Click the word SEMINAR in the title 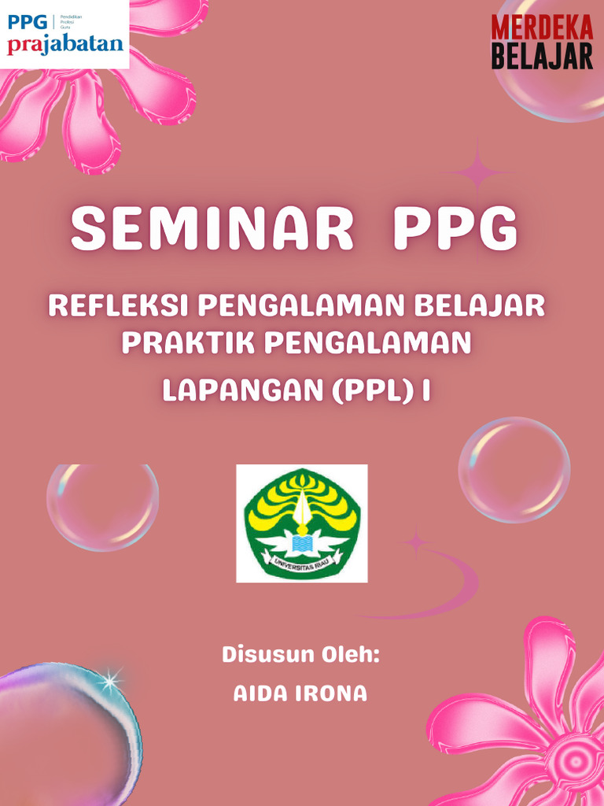(x=212, y=228)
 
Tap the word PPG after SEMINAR (x=456, y=228)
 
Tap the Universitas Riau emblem (x=302, y=523)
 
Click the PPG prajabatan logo (x=64, y=34)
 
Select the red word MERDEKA (x=542, y=28)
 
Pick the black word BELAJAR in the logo (x=542, y=56)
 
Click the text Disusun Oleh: (x=300, y=654)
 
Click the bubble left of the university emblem (x=102, y=507)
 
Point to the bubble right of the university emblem (x=514, y=470)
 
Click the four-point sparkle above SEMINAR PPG (x=476, y=171)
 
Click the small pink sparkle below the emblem (x=414, y=542)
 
